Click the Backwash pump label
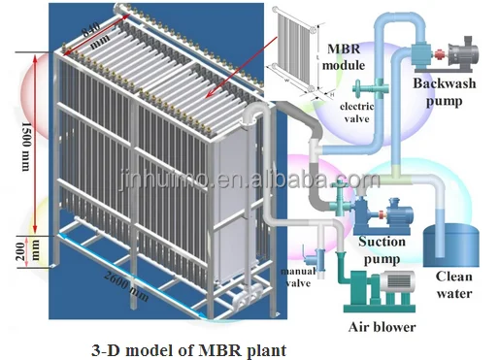447,89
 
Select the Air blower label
382,327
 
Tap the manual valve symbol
311,254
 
